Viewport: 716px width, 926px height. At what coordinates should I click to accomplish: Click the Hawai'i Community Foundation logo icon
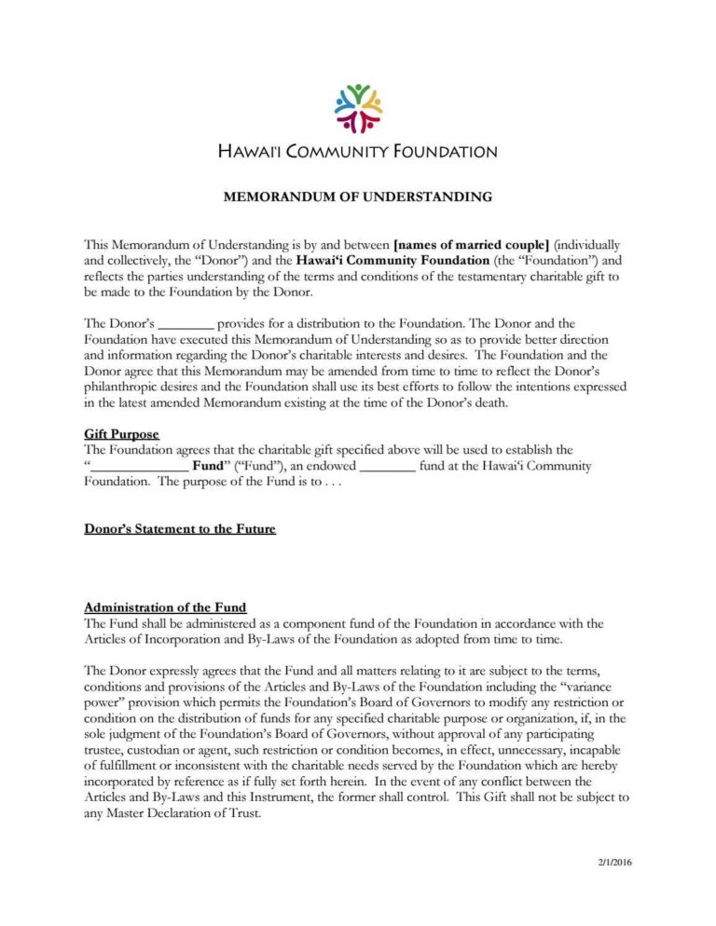tap(358, 107)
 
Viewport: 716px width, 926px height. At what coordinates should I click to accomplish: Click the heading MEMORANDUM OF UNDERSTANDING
tap(357, 197)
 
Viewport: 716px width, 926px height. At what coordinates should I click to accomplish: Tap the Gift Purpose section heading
tap(121, 434)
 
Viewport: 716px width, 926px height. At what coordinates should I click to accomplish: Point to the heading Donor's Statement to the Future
tap(180, 529)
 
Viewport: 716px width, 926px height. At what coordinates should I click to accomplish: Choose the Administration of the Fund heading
tap(165, 607)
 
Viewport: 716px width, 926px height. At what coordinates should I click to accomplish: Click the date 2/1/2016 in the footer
tap(615, 862)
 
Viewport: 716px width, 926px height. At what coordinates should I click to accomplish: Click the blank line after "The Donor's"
tap(186, 323)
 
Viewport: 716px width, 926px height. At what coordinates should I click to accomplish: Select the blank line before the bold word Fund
tap(138, 466)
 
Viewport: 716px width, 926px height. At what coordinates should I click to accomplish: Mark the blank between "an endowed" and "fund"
tap(387, 466)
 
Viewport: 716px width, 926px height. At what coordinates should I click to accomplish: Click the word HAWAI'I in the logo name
tap(250, 151)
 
